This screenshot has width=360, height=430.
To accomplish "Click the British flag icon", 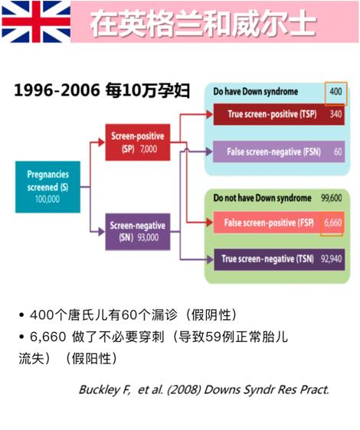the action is point(36,21).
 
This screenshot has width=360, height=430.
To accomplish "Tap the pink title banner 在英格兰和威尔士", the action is point(214,21).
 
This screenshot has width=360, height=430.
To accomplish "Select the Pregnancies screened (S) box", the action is point(47,187).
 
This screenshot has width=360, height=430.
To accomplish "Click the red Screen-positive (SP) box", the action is point(138,142).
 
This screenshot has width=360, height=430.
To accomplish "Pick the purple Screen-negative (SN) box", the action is point(138,232).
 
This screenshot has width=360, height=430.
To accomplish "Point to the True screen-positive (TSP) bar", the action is point(279,114).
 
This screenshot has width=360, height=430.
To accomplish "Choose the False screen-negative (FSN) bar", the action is point(279,151).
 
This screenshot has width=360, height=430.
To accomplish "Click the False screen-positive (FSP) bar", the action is point(279,223).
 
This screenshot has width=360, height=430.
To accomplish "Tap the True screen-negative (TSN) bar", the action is point(280,259).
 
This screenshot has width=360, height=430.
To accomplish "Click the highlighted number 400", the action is point(335,91).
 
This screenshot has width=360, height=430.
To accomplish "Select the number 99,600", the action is point(332,197).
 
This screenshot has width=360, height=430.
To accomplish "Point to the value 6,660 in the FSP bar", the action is point(333,223).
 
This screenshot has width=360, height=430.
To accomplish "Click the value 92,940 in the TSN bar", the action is point(332,259).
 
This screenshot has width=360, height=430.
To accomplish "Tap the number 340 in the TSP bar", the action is point(335,114).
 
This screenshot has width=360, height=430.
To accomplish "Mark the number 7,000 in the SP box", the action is point(149,149).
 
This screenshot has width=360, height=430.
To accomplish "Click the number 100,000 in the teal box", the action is point(47,199).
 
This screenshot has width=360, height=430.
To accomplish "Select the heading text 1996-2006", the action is point(57,90).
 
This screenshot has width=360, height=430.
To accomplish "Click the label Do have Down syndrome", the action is point(256,92).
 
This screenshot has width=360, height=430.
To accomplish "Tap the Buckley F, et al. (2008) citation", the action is point(204,389).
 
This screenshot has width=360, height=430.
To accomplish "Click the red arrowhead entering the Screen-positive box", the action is point(102,142).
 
